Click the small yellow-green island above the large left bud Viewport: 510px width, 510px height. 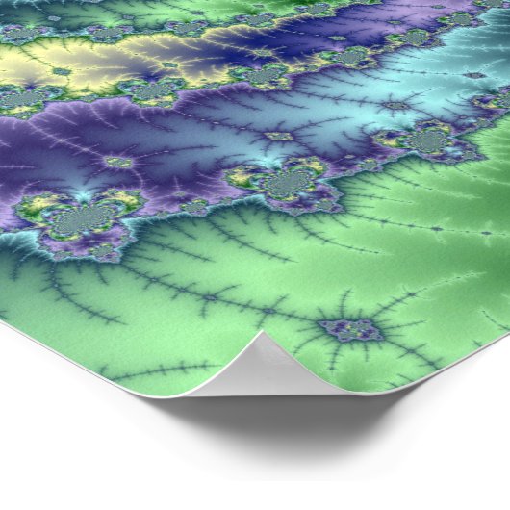[x=117, y=163]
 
